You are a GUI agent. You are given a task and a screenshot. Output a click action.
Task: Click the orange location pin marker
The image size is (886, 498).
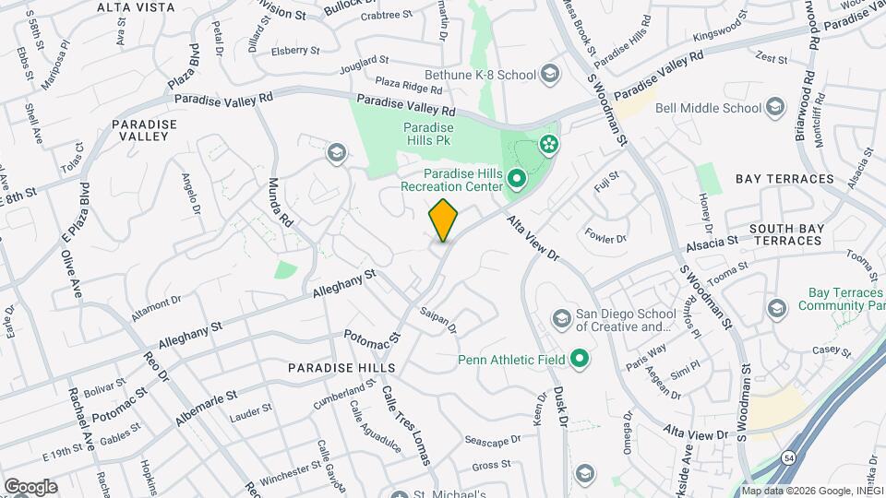pos(443,219)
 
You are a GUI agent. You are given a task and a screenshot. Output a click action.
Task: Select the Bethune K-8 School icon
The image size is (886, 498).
pos(550,74)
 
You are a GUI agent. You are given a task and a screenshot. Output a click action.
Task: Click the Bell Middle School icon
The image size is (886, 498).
pos(773,108)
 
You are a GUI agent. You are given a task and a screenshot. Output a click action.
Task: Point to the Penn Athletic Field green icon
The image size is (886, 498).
pos(580,358)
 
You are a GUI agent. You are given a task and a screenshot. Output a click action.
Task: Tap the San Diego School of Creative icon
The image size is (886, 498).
pos(561,319)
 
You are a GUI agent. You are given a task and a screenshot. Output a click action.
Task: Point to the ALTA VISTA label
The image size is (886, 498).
pos(136,7)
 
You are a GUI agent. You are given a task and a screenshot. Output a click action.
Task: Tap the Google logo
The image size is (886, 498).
pos(30,487)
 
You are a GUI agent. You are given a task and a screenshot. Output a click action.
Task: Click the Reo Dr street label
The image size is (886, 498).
pos(157,364)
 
